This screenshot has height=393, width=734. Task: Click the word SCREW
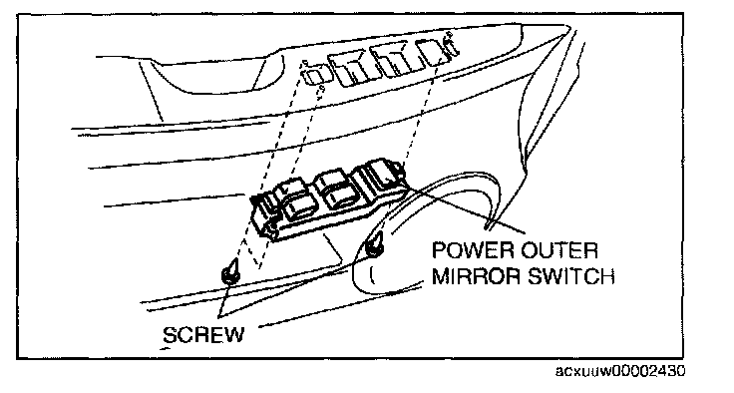(x=203, y=334)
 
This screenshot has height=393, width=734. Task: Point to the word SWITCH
(x=571, y=276)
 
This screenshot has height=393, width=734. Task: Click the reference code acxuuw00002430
(x=619, y=371)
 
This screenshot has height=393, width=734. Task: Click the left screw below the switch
(x=230, y=272)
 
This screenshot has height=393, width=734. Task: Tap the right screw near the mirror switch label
(x=375, y=246)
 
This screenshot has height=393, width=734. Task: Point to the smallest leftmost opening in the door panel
(x=312, y=75)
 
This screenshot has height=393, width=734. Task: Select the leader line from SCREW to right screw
(x=294, y=285)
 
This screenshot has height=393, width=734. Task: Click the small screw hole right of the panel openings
(x=449, y=34)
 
